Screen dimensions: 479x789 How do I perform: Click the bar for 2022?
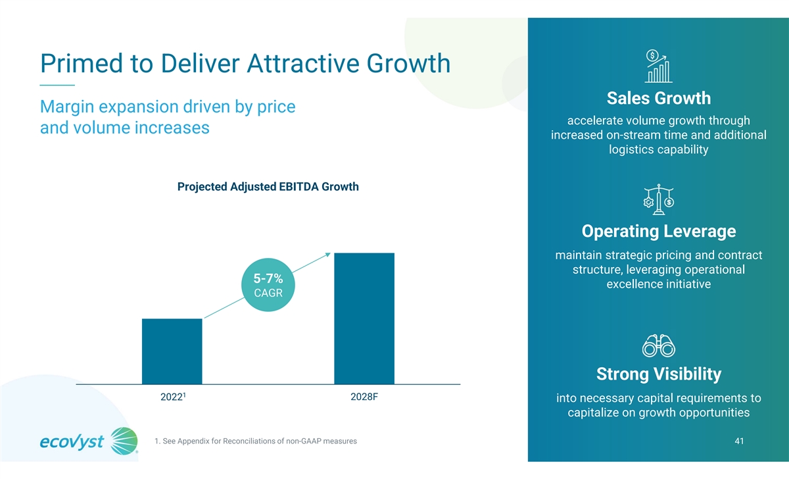click(x=172, y=351)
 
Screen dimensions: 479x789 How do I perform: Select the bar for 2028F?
click(x=364, y=318)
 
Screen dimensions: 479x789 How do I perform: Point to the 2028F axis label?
click(x=364, y=398)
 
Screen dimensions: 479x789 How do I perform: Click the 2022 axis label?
click(x=173, y=398)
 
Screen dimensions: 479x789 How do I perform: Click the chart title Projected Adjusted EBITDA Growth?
click(x=268, y=187)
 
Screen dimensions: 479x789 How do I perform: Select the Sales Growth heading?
click(x=658, y=99)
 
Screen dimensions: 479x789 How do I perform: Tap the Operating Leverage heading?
click(x=658, y=232)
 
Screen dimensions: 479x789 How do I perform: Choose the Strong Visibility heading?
click(x=658, y=374)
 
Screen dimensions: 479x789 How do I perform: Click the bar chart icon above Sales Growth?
click(x=658, y=65)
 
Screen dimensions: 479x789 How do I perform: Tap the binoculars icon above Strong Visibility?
click(x=658, y=345)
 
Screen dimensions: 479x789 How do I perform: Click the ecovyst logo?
click(x=89, y=441)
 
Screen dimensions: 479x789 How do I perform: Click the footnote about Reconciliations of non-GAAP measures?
click(x=254, y=441)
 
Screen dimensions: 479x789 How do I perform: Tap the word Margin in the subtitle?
click(x=72, y=107)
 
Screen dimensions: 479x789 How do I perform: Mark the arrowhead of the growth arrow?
click(x=327, y=255)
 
